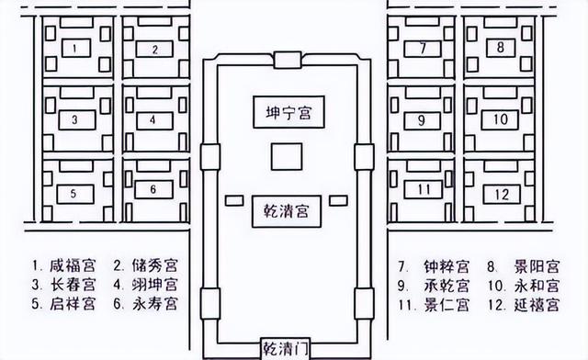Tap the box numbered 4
[155, 119]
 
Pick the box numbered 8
[501, 46]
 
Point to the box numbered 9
[422, 119]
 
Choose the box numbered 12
[501, 192]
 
